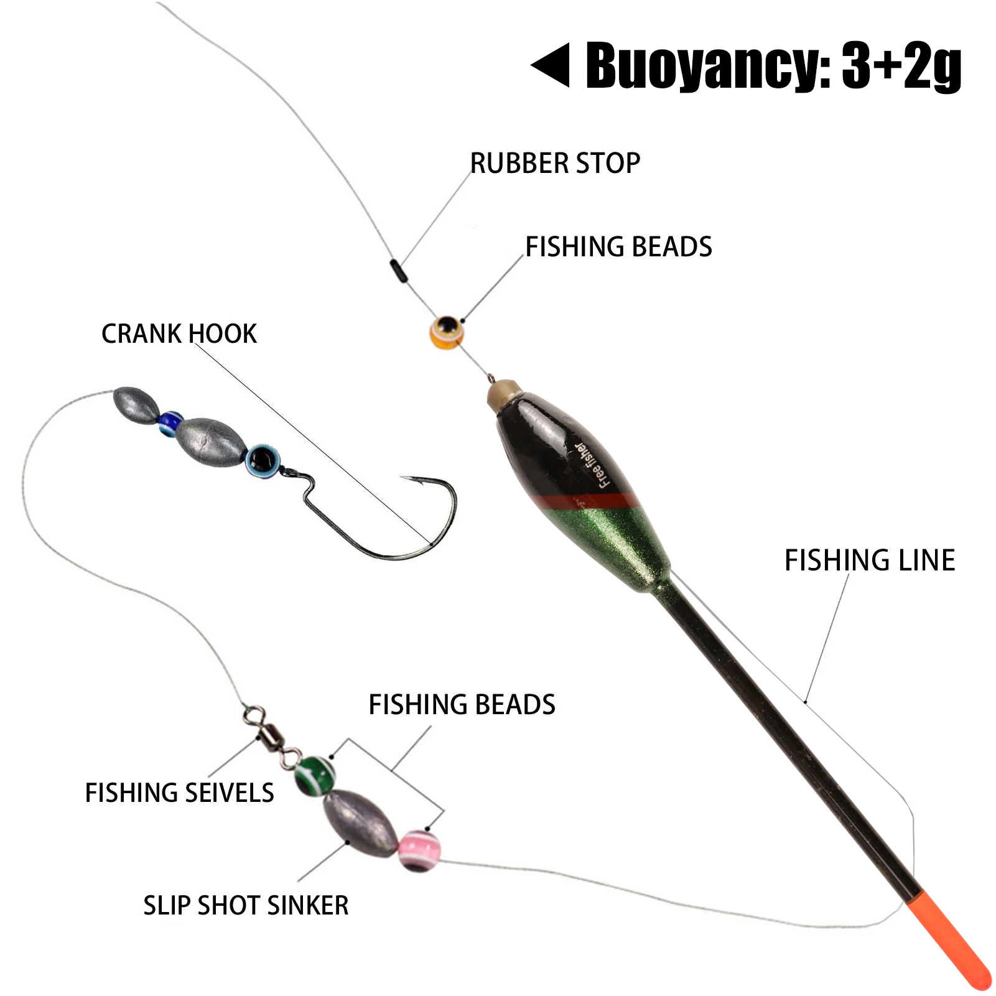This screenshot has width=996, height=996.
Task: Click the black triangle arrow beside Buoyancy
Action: point(551,65)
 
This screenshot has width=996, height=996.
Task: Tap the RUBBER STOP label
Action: point(555,163)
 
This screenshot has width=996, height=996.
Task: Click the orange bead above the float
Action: point(447,332)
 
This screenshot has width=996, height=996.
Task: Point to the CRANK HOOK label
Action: point(179,334)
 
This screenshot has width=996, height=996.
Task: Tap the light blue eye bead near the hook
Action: point(262,461)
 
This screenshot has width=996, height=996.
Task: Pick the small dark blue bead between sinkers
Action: point(170,423)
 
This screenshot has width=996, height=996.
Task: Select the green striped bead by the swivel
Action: point(315,775)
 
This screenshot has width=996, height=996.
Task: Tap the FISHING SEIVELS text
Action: point(179,793)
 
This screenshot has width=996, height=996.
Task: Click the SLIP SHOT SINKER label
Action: point(246,906)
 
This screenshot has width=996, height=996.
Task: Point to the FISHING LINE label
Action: point(870,560)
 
